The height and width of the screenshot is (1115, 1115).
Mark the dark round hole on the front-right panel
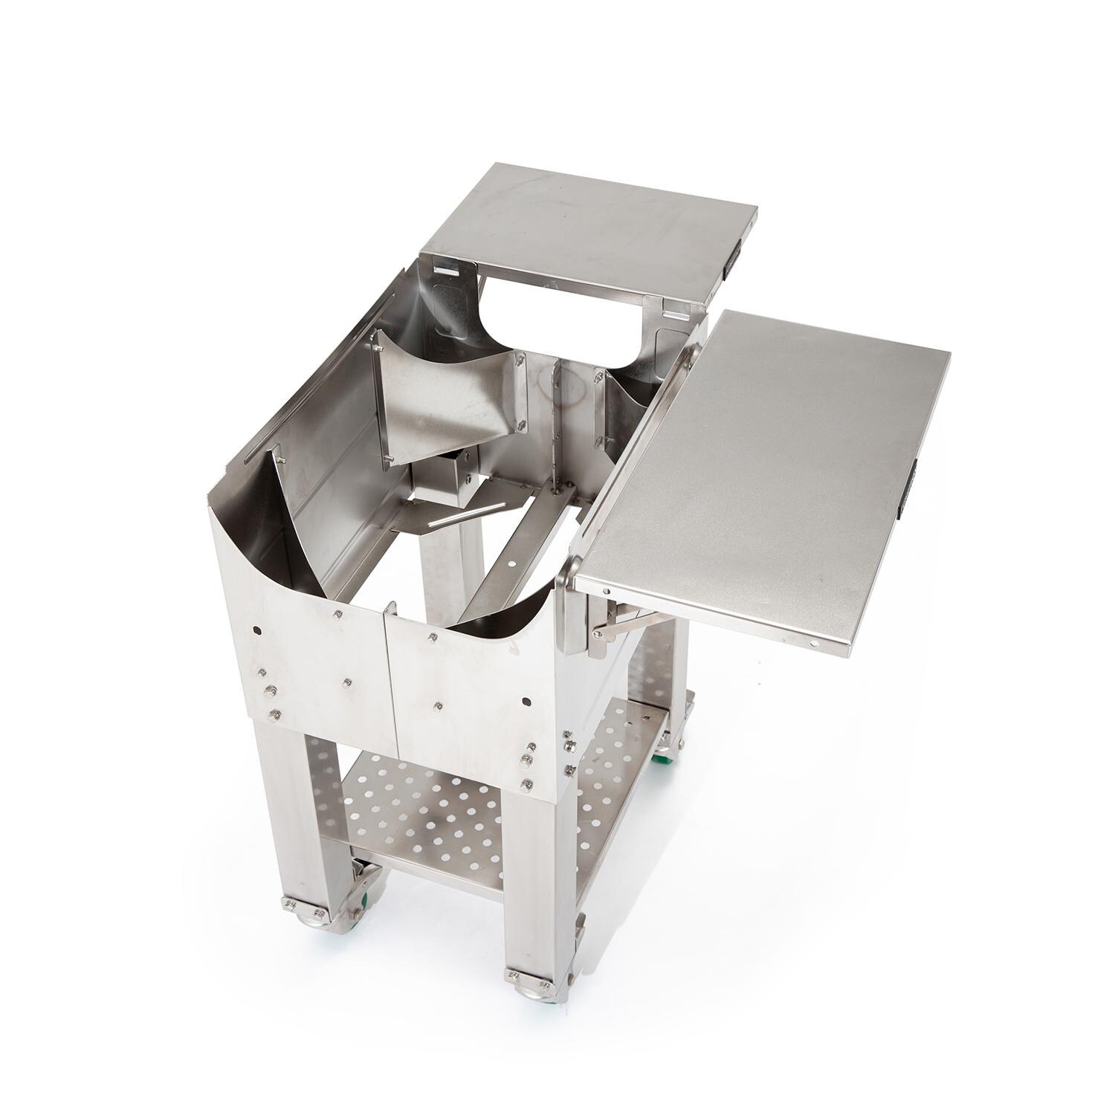pos(526,701)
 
